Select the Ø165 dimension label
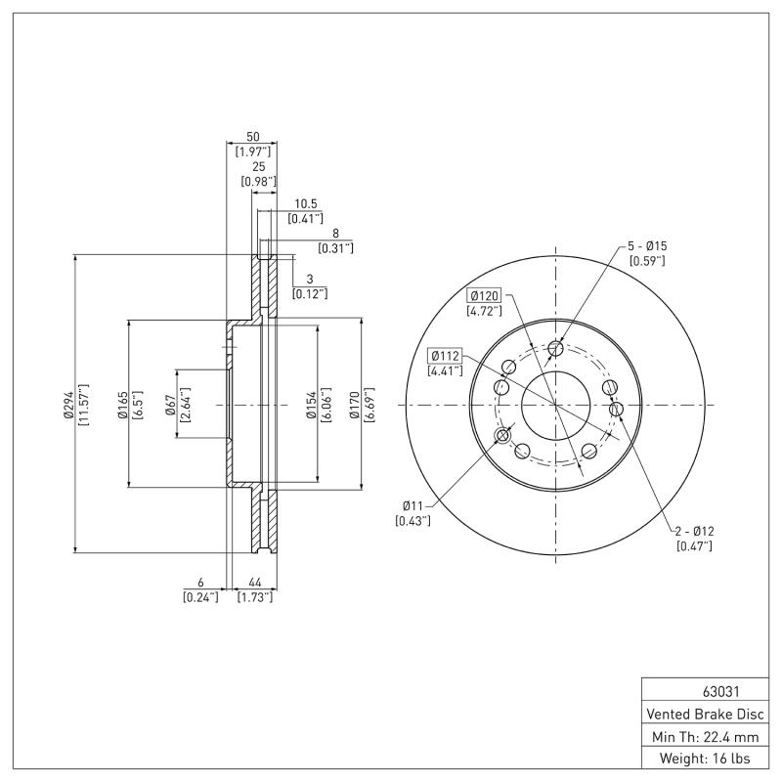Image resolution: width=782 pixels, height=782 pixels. click(x=122, y=404)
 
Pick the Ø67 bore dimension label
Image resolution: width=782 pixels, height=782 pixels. click(x=169, y=404)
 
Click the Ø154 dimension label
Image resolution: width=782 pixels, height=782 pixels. click(x=310, y=404)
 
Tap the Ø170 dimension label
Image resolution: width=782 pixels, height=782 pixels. click(x=357, y=404)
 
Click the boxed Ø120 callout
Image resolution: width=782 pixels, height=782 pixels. click(x=484, y=295)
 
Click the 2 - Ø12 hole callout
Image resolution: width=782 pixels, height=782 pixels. click(x=694, y=531)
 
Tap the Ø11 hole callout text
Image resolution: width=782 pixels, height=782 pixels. click(x=413, y=505)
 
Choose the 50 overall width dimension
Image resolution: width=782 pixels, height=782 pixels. click(x=251, y=137)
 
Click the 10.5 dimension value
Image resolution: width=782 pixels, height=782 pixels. click(x=306, y=203)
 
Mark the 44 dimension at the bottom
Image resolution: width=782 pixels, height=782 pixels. click(x=254, y=581)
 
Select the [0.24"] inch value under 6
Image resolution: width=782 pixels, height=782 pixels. click(x=200, y=596)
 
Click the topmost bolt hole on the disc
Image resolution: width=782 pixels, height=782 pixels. click(x=555, y=349)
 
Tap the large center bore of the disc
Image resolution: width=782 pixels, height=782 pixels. click(x=555, y=404)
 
